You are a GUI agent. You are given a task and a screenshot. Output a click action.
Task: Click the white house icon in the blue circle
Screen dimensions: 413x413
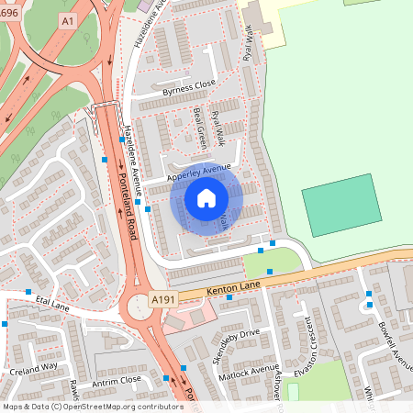click(x=206, y=197)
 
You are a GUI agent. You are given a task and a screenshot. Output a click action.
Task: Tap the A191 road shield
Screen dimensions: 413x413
click(x=162, y=299)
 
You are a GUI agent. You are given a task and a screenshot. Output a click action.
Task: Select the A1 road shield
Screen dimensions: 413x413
click(x=67, y=19)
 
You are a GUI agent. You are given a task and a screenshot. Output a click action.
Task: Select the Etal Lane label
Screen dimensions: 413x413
click(x=53, y=299)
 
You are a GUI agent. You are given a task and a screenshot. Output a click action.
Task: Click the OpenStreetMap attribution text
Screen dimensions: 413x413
click(x=93, y=407)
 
